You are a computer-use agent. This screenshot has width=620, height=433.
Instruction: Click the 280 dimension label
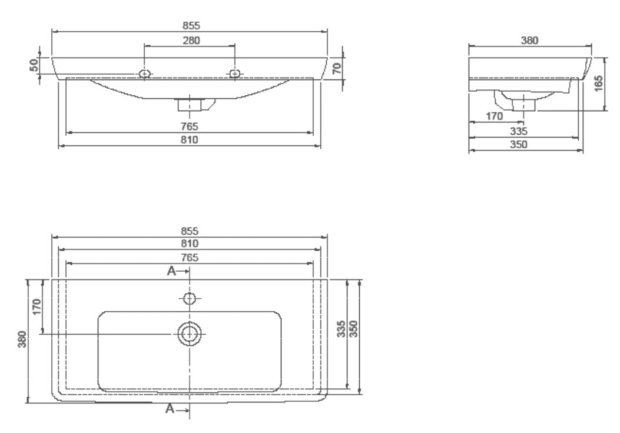191,40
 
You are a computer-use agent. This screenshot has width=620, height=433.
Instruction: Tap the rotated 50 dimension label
34,65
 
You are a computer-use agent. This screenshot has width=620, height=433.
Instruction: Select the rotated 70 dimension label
336,69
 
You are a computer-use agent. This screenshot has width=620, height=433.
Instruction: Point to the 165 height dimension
599,84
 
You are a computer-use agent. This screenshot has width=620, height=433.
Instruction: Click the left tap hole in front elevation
145,74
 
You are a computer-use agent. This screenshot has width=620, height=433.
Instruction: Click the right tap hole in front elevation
234,74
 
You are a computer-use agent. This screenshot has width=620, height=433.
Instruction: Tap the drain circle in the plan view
190,334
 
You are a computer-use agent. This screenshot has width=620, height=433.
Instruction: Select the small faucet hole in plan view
190,298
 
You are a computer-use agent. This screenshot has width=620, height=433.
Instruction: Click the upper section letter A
171,271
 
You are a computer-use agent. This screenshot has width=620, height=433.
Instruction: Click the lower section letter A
170,408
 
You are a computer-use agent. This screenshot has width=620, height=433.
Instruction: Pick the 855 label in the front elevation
191,26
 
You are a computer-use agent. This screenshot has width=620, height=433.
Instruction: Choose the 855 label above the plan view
190,231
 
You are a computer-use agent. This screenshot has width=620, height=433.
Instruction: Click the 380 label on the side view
529,40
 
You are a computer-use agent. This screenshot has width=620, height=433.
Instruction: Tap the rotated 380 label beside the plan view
22,339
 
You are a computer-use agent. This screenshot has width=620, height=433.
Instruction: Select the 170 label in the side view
494,116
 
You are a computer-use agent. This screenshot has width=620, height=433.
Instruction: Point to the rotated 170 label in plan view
37,307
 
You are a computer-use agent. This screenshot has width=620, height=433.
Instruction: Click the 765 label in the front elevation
190,126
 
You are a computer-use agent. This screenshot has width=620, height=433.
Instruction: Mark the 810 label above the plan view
190,244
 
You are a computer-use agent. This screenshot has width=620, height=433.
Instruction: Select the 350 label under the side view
518,145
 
